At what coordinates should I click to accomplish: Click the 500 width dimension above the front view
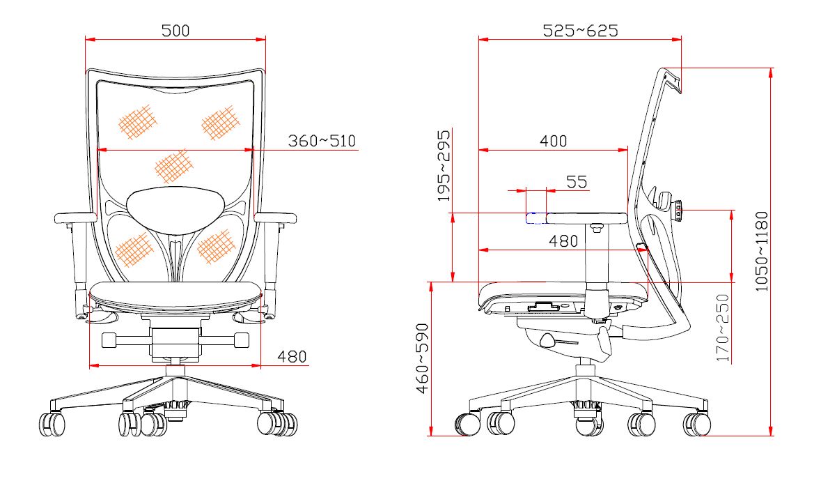tap(175, 31)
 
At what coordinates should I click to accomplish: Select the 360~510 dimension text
tap(322, 141)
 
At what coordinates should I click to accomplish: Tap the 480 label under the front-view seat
tap(292, 357)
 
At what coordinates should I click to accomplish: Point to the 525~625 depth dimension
tap(580, 31)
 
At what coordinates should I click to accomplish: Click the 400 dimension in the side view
tap(554, 141)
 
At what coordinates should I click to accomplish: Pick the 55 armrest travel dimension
tap(577, 182)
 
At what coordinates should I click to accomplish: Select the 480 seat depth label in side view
tap(563, 241)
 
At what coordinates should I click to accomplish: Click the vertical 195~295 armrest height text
tap(444, 166)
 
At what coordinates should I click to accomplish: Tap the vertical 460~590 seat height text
tap(423, 358)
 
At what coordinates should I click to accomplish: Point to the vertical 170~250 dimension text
tap(723, 328)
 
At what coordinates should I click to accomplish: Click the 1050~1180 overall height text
tap(762, 252)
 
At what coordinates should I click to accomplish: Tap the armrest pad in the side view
tap(587, 218)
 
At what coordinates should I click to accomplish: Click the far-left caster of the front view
tap(52, 424)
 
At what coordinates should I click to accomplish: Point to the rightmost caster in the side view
tap(697, 425)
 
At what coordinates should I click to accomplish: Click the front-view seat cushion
tap(175, 296)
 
